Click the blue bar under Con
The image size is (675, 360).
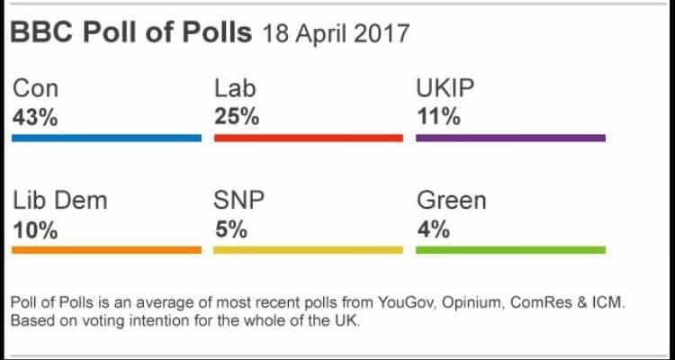point(107,139)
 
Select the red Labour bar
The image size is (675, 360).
point(309,139)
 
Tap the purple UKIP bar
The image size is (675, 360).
point(510,139)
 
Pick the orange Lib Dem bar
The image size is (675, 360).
point(107,249)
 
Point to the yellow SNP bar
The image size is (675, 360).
point(309,249)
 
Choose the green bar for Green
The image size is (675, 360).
point(510,249)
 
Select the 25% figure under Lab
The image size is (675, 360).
point(237,118)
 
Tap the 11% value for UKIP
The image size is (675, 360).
point(437,118)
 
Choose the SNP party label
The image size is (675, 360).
point(240,201)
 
